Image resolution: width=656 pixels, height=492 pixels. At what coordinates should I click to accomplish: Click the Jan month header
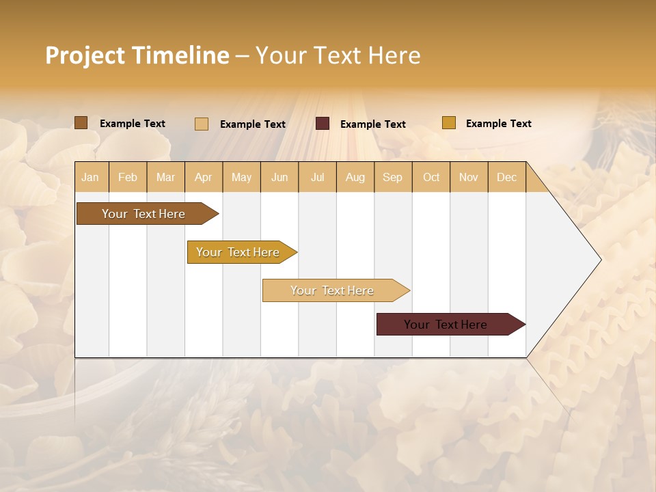coord(91,177)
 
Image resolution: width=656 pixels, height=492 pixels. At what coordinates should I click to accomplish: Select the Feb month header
coord(128,177)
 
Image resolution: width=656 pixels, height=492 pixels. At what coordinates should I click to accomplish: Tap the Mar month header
coord(165,177)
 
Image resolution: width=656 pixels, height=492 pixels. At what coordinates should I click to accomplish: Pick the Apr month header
coord(204,177)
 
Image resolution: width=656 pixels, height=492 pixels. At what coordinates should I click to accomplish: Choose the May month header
coord(241,177)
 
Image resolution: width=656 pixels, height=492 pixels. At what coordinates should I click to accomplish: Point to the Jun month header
coord(279,177)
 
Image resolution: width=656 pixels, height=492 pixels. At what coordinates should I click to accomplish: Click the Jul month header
coord(317,177)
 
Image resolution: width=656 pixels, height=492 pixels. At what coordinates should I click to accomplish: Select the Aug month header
coord(355,177)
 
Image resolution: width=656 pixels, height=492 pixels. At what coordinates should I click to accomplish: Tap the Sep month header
coord(393,177)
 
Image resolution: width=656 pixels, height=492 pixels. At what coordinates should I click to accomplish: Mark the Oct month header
coord(431,177)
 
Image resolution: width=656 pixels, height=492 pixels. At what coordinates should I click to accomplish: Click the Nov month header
coord(469,177)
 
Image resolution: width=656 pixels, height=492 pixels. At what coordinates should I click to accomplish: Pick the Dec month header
coord(506,177)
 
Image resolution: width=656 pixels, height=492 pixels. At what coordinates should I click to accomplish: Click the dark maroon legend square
coord(323,124)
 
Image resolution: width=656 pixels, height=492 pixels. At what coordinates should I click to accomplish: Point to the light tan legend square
coord(202,124)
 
